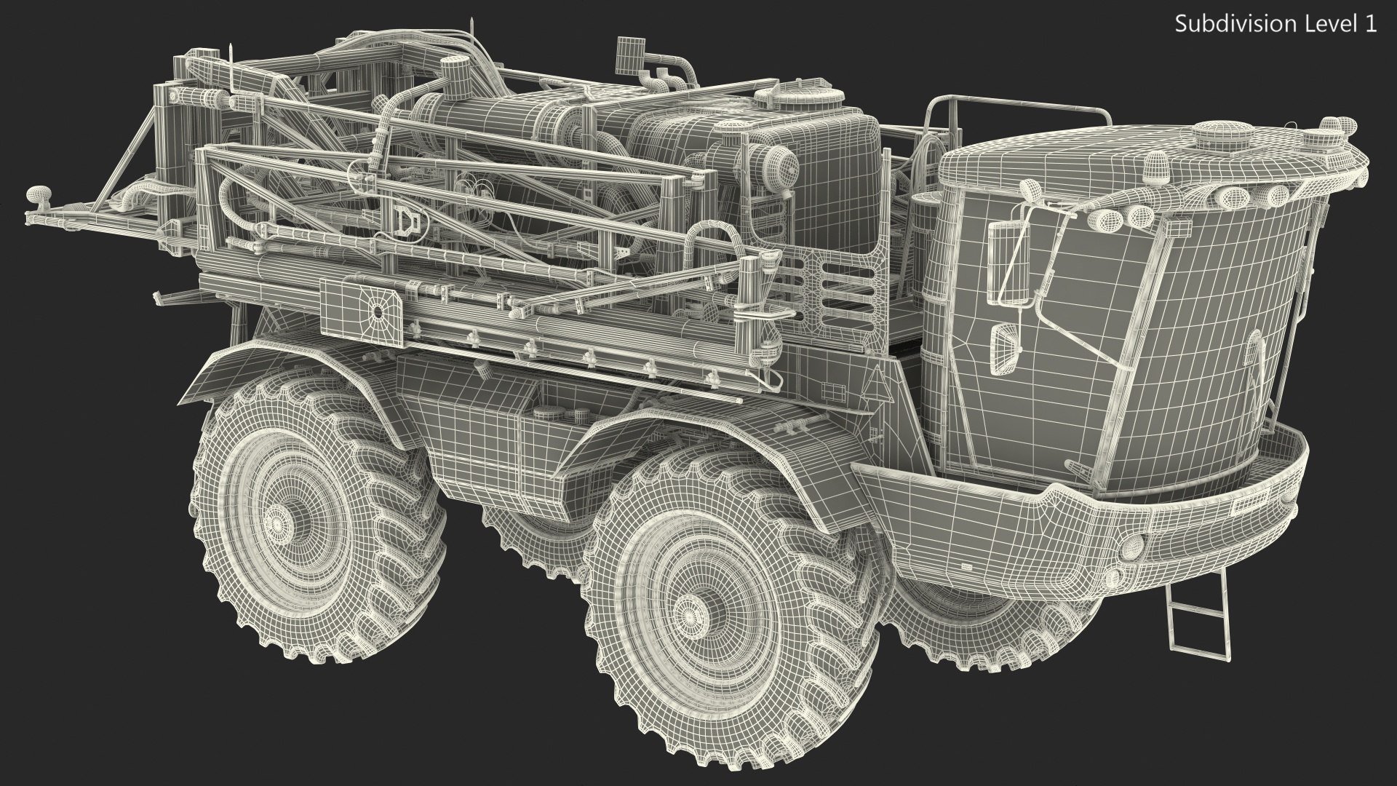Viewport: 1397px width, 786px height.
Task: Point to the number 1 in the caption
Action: click(x=1372, y=24)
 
